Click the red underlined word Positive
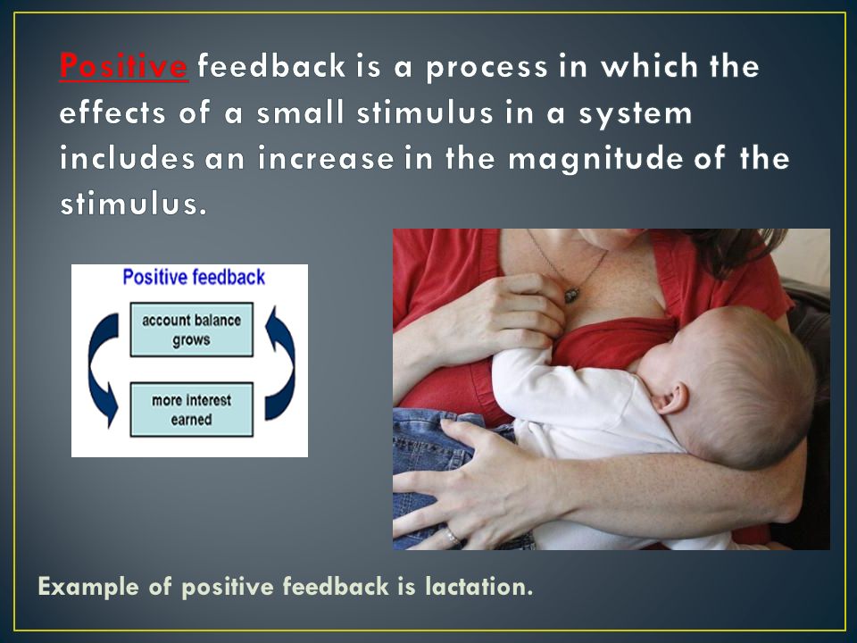pos(124,66)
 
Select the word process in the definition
pos(487,68)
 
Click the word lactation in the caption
pos(478,586)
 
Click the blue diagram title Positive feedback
pos(194,277)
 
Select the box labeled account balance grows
pos(191,330)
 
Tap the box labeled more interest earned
pos(191,410)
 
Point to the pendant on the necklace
pos(571,295)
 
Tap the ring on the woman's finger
pos(453,537)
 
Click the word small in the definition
pos(300,113)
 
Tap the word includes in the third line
pos(127,159)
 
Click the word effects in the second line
pos(112,113)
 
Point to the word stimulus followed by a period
pos(133,205)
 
